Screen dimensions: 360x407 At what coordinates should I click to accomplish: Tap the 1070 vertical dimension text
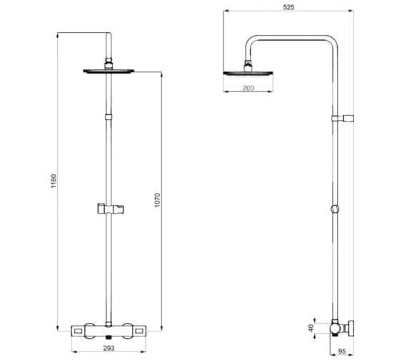pyautogui.click(x=158, y=201)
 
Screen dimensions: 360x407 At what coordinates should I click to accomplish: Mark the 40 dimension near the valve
pyautogui.click(x=311, y=327)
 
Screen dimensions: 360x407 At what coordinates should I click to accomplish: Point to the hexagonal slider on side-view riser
pyautogui.click(x=336, y=211)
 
